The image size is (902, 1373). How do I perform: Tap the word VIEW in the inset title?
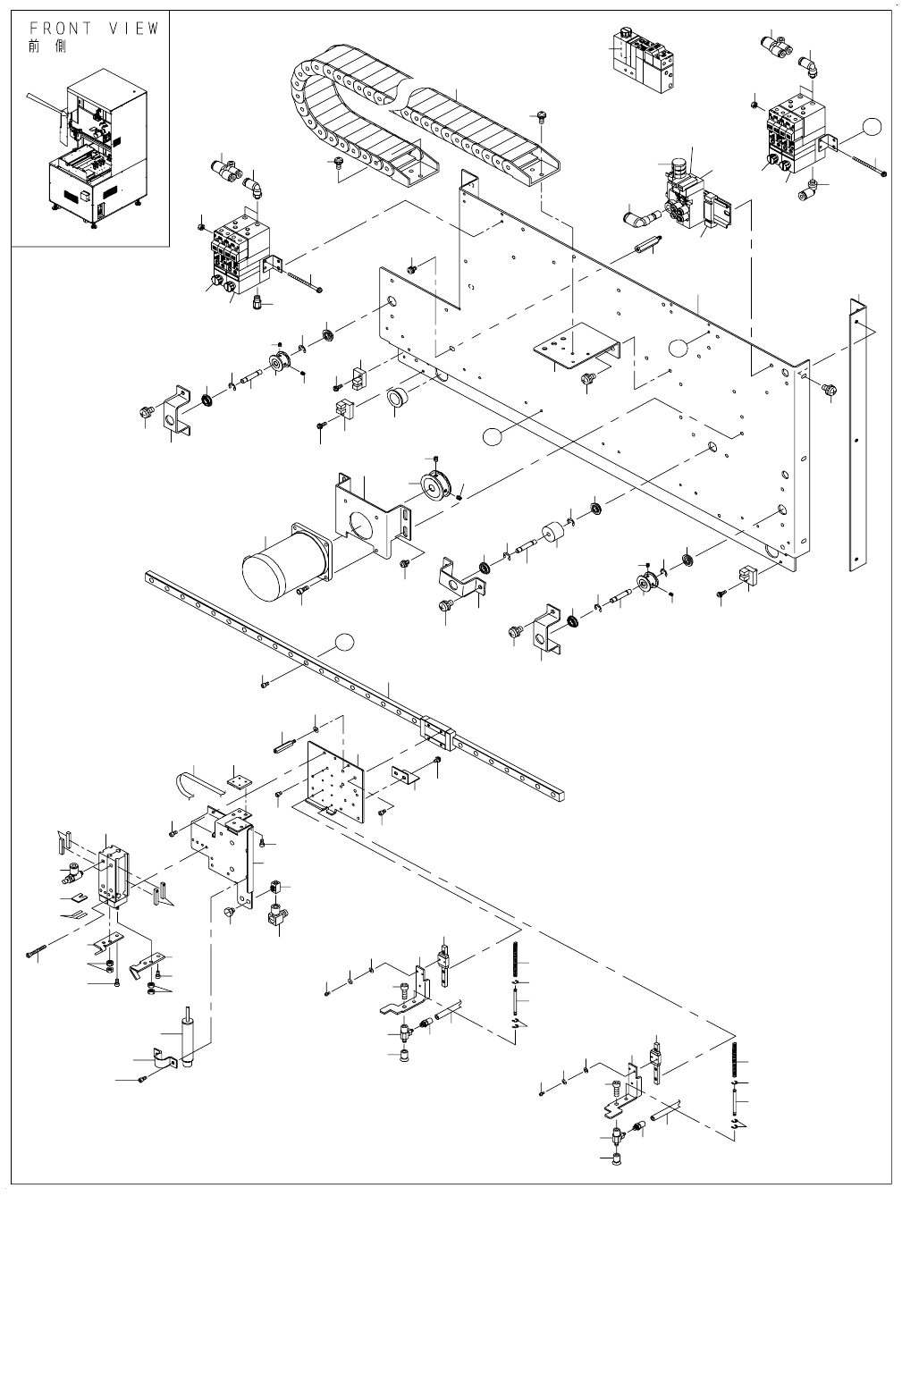[134, 29]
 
